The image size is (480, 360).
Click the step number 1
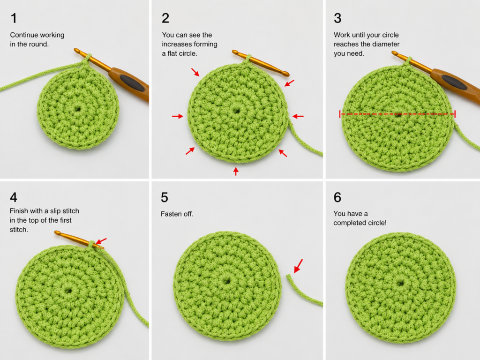click(14, 18)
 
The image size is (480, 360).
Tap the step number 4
click(14, 197)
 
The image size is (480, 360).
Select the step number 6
click(337, 197)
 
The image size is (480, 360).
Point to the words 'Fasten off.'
click(177, 214)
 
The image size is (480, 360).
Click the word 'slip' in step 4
click(55, 211)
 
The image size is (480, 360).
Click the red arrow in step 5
click(298, 266)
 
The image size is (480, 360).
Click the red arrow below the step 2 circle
click(236, 171)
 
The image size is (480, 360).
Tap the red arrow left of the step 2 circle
click(178, 116)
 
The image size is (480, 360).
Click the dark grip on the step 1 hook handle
click(132, 82)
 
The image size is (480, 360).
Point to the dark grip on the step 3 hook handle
click(455, 82)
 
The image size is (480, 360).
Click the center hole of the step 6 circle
click(400, 284)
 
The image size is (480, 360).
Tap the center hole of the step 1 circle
click(77, 109)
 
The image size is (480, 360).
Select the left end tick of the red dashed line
click(340, 114)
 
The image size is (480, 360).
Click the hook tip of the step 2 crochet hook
click(235, 52)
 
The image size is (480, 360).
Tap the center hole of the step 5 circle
click(227, 280)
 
